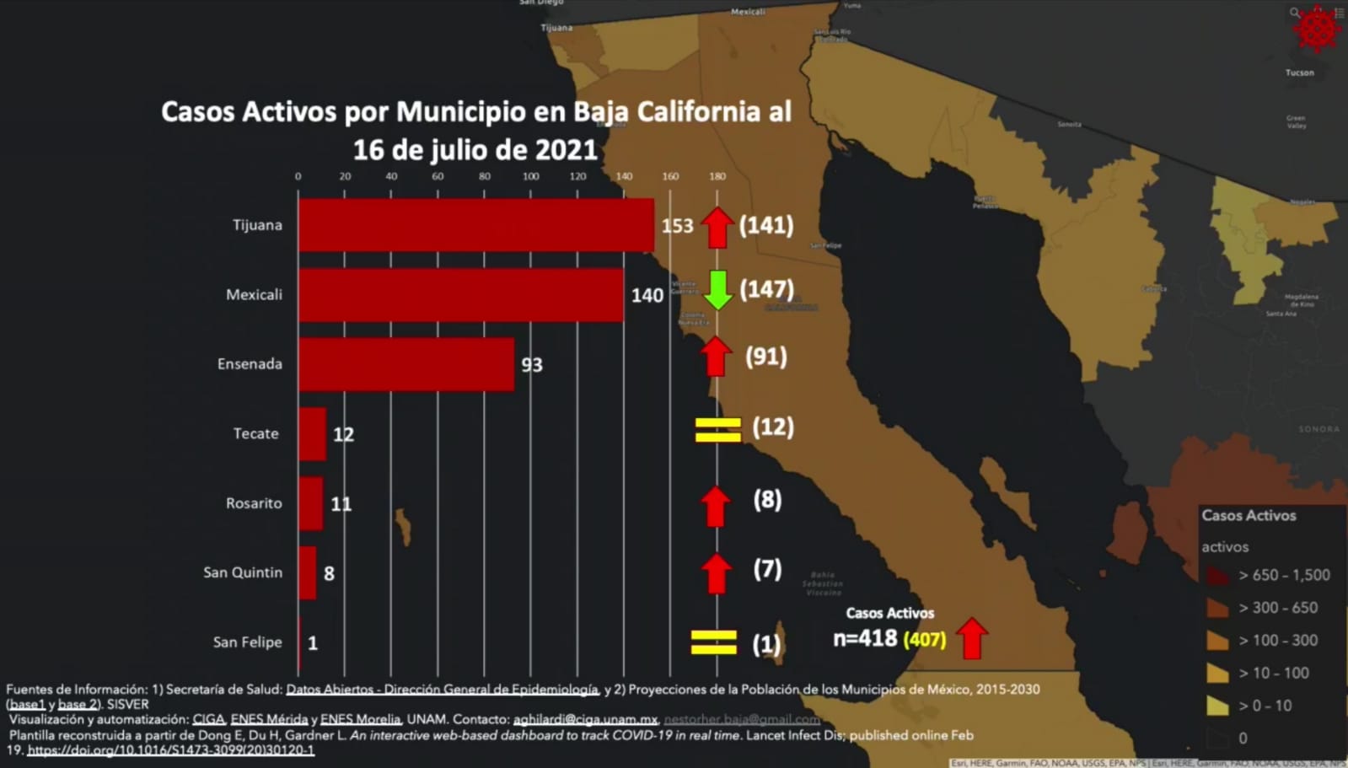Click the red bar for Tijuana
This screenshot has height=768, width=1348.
(x=475, y=225)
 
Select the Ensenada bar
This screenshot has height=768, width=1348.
(x=405, y=364)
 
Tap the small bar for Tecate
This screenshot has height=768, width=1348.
(x=312, y=434)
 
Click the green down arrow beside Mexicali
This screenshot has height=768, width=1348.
(x=717, y=290)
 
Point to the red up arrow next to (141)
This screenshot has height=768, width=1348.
(x=717, y=227)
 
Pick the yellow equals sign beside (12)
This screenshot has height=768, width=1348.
(x=717, y=429)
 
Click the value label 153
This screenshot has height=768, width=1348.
(x=677, y=226)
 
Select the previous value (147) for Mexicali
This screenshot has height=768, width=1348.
(x=766, y=290)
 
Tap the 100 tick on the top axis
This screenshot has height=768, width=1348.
(x=530, y=176)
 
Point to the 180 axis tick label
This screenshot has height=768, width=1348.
(x=717, y=176)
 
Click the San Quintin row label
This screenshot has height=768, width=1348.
(x=243, y=572)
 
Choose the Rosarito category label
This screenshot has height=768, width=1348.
(x=254, y=503)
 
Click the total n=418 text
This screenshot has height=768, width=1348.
(x=865, y=638)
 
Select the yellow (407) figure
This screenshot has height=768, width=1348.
(x=924, y=640)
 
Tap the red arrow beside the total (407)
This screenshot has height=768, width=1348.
(x=972, y=638)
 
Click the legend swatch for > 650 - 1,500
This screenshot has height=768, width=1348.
(x=1217, y=576)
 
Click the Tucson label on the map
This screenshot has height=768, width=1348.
(x=1299, y=73)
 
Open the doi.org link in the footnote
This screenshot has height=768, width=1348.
(x=170, y=750)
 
